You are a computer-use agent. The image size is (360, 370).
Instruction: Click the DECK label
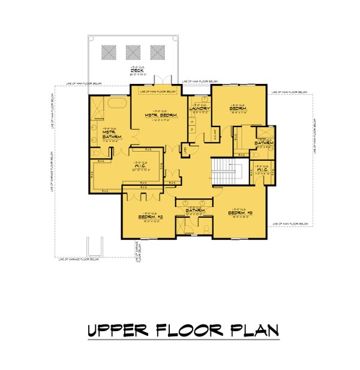point(136,71)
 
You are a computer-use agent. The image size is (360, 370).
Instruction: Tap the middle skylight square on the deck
point(133,52)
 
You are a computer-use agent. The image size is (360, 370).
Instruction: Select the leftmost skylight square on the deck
point(109,52)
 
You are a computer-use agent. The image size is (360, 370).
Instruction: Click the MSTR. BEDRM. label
point(159,115)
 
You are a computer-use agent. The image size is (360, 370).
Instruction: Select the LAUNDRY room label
point(199,108)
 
